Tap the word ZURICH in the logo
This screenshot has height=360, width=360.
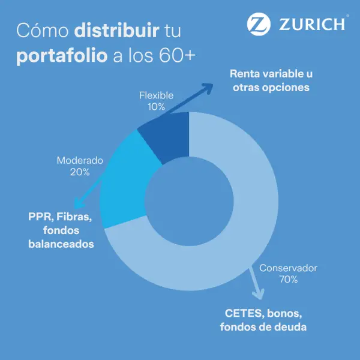tap(312, 24)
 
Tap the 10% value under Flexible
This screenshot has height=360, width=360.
tap(156, 106)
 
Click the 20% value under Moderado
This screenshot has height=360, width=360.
tap(80, 172)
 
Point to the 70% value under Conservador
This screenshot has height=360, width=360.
tap(288, 279)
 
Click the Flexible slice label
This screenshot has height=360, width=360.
tap(156, 95)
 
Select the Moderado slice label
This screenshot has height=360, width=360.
tap(80, 161)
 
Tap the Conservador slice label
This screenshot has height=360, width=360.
tap(288, 268)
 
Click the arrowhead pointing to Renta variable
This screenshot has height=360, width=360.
tap(208, 87)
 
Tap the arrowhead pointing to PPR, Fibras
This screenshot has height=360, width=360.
tap(75, 205)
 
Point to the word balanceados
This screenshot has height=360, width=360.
tap(61, 244)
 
